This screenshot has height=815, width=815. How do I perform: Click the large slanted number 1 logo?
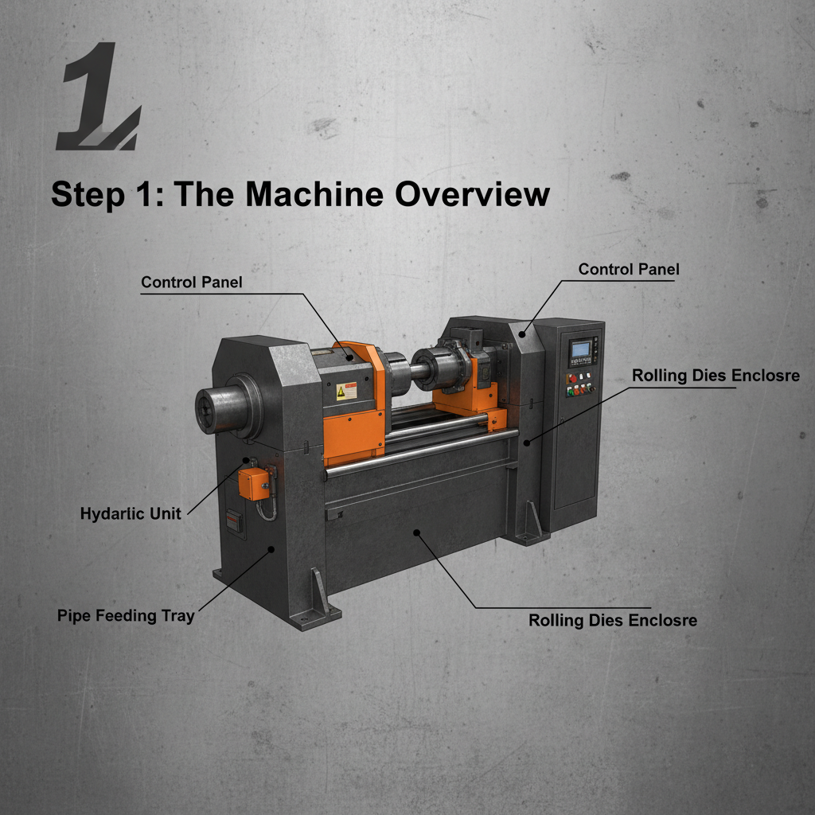pyautogui.click(x=97, y=99)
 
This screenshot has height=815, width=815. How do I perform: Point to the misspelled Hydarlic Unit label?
pyautogui.click(x=131, y=514)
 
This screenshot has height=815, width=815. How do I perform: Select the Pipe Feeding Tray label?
pyautogui.click(x=126, y=615)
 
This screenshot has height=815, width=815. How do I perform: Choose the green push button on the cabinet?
pyautogui.click(x=571, y=391)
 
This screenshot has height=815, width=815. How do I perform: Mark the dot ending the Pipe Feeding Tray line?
pyautogui.click(x=272, y=549)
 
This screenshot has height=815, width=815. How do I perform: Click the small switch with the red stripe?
pyautogui.click(x=232, y=518)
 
